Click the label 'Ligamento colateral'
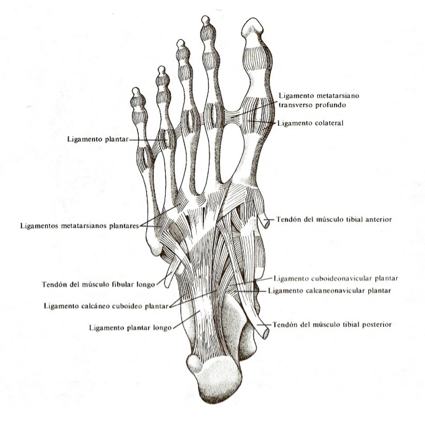point(310,123)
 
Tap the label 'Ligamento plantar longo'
point(130,328)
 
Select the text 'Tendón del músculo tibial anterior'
point(334,220)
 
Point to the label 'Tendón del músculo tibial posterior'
point(332,325)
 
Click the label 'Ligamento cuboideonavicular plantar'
point(336,279)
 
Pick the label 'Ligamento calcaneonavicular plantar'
point(329,291)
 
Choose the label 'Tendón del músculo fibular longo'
point(98,285)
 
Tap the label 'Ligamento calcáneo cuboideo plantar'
point(106,306)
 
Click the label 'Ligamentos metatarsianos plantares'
point(79,226)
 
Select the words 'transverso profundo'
point(312,105)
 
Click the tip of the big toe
point(253,19)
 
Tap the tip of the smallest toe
point(136,88)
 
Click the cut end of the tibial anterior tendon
point(267,223)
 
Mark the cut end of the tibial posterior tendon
point(265,334)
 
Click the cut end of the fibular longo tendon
point(167,283)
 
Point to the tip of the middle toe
point(181,40)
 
